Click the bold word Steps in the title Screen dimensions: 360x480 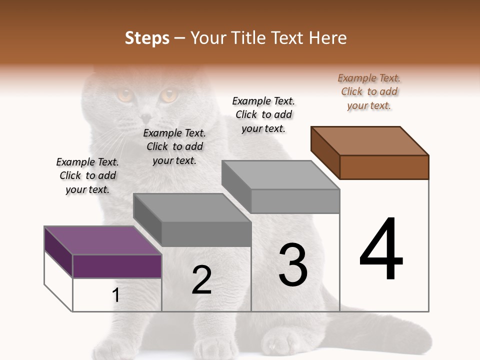(147, 38)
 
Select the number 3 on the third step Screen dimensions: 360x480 (293, 265)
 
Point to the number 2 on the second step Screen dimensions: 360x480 (202, 280)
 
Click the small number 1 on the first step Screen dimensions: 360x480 (116, 295)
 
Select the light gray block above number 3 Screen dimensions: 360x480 (281, 186)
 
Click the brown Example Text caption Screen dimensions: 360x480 (369, 91)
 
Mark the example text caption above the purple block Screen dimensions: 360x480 (87, 175)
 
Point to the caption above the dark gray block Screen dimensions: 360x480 (174, 146)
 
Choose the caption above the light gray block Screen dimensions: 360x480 (263, 114)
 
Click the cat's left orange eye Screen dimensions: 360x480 (124, 94)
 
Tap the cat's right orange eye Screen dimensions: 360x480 (169, 94)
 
